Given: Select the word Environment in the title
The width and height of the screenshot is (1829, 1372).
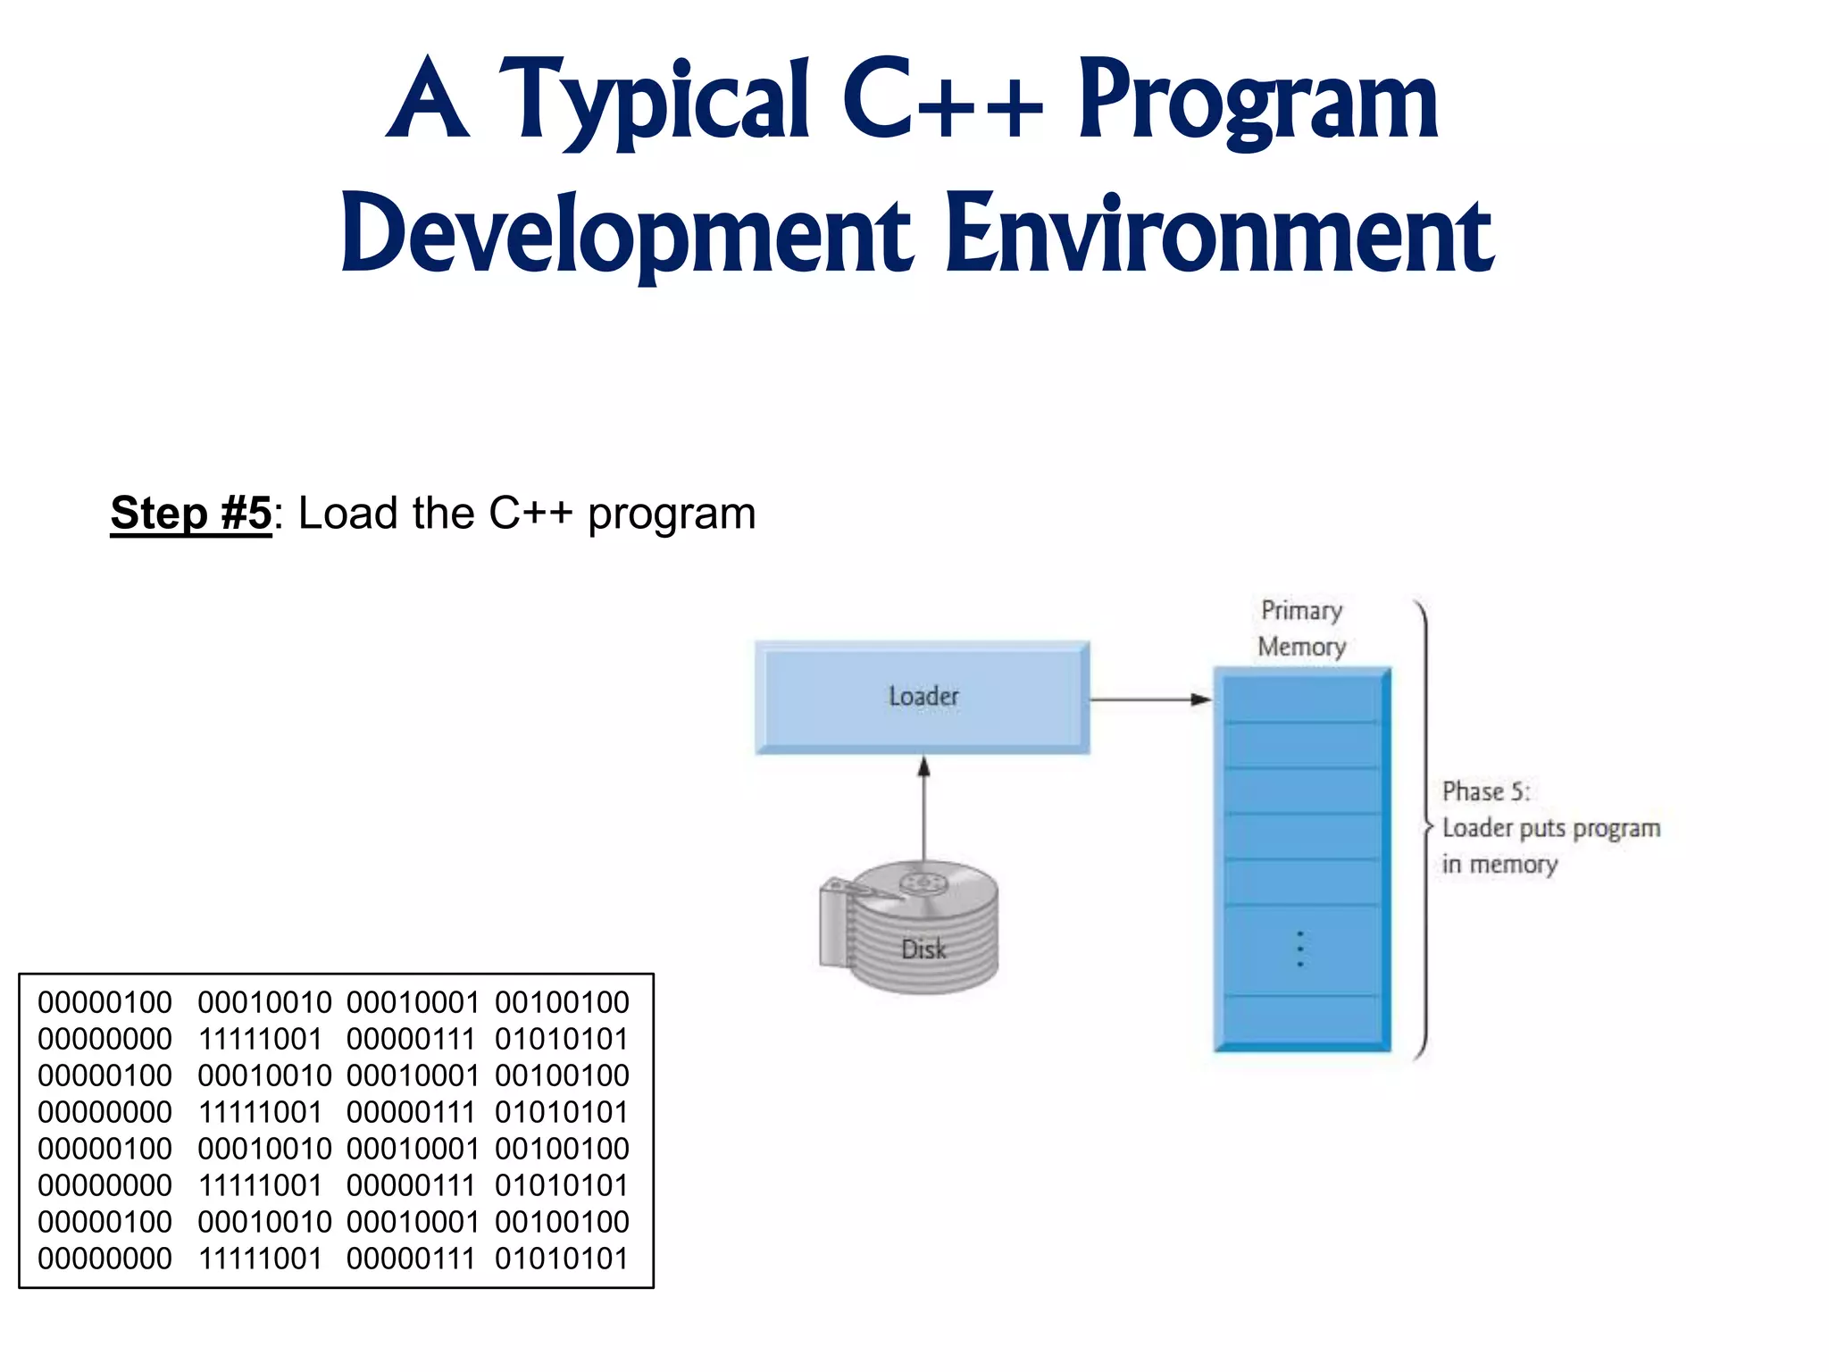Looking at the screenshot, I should pos(1219,234).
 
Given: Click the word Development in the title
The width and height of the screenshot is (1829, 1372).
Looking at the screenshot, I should pos(626,234).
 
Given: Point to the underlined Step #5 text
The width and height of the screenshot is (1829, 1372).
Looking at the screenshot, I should pos(190,514).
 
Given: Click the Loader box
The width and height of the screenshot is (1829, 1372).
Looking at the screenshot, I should pos(923,697).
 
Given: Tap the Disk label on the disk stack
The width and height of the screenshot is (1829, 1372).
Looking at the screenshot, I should pos(923,949).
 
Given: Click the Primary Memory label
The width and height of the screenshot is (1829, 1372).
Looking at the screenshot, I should pos(1301,628).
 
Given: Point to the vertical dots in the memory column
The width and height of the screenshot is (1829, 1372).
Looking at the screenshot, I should pos(1300,949).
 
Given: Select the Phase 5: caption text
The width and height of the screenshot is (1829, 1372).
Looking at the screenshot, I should pos(1486,791).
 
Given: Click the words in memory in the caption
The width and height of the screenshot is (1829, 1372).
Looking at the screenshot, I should pos(1499,865).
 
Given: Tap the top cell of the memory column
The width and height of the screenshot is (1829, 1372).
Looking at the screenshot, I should pos(1301,699).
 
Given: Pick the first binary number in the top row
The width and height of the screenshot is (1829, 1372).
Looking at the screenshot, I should pos(104,1002).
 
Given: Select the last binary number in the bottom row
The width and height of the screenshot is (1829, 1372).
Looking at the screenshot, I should pos(562,1259).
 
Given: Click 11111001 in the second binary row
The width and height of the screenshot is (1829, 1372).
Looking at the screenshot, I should pos(260,1039).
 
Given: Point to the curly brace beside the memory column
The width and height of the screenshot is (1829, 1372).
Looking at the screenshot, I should pos(1424,827).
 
